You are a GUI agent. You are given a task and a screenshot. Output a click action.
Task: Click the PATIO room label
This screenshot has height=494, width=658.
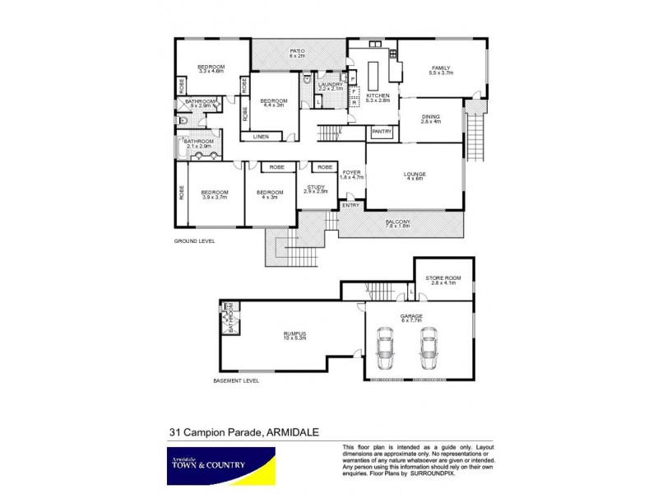click(297, 51)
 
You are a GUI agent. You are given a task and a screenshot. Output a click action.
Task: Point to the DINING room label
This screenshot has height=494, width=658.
click(431, 117)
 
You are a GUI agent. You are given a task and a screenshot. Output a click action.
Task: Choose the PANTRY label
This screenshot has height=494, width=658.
click(381, 131)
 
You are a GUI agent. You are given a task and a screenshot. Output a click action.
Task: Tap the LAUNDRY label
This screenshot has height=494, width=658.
click(331, 84)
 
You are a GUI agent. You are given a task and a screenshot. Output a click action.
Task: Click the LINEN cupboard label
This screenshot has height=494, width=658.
click(260, 136)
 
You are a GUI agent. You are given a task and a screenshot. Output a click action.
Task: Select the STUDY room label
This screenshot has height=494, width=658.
click(316, 187)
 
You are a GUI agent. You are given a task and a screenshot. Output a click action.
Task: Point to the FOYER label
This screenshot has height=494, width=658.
click(351, 172)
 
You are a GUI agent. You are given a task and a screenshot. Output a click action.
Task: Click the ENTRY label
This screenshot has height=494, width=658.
click(350, 205)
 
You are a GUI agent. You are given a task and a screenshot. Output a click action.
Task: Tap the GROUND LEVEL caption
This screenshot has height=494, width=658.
click(194, 241)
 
